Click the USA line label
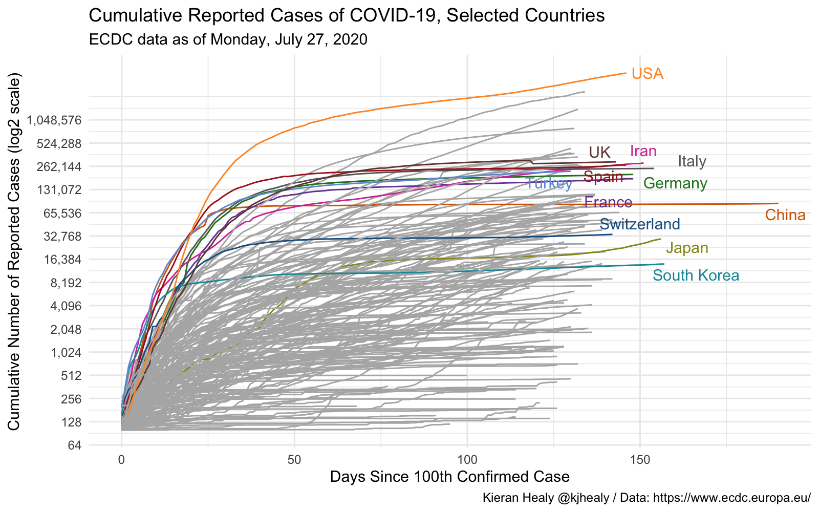[x=648, y=74]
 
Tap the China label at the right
[x=785, y=215]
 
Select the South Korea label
[x=696, y=275]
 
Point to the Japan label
[x=687, y=248]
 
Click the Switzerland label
[x=639, y=224]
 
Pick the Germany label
[x=675, y=183]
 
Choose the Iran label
[x=643, y=151]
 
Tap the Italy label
[x=692, y=161]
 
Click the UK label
[x=599, y=152]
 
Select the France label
[x=608, y=202]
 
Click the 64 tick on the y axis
[x=74, y=445]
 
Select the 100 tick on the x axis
[x=467, y=459]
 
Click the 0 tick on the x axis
[x=121, y=459]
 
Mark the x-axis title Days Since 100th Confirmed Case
[x=449, y=477]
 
